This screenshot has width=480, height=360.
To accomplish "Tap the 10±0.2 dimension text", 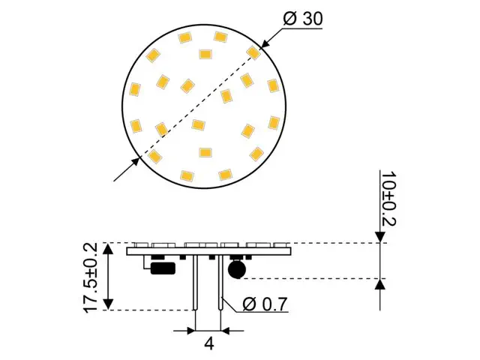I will point(389,198).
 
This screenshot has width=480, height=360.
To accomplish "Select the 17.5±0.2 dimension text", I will point(91,277).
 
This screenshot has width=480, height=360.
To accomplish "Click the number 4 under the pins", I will point(209,346).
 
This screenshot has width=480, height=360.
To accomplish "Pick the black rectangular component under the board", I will point(163,267).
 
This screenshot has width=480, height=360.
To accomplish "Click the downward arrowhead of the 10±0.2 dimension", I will point(380,237).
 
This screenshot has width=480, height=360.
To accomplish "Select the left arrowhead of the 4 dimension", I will point(190,329).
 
